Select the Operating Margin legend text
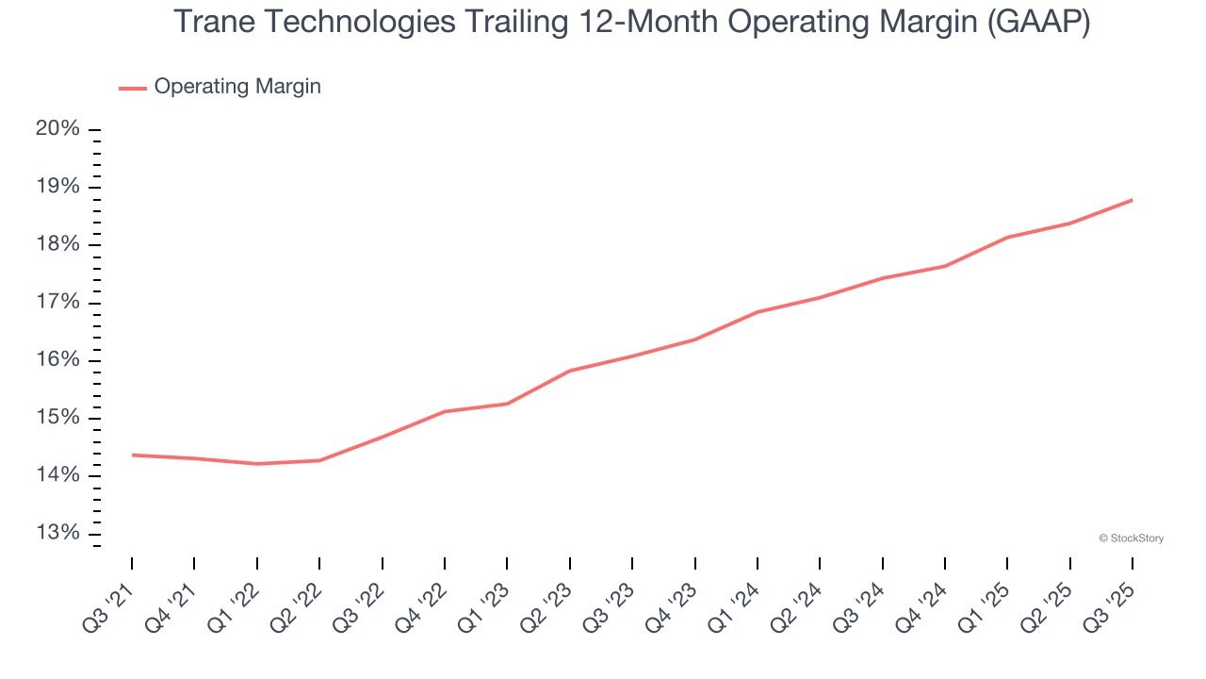click(x=237, y=87)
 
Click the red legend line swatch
click(x=133, y=88)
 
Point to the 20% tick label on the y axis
click(x=57, y=129)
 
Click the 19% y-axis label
click(x=57, y=187)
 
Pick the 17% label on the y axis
click(x=57, y=303)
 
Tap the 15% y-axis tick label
click(x=57, y=418)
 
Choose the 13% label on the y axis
click(x=57, y=534)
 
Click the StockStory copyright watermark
click(x=1131, y=538)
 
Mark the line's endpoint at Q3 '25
click(x=1133, y=200)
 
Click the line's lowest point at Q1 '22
click(x=257, y=464)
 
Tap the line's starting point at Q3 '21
click(x=132, y=455)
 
